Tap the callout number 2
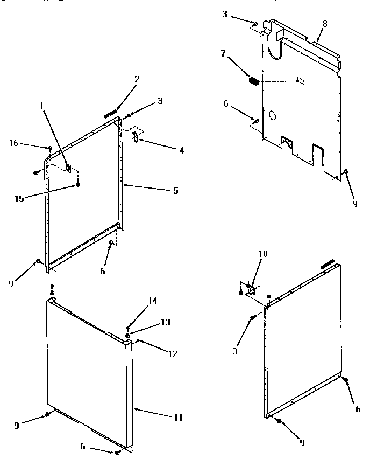coord(137,79)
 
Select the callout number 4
coord(182,150)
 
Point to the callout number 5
coord(176,191)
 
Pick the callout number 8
coord(324,24)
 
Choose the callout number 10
coord(263,254)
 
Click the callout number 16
coord(13,143)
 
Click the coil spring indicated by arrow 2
coord(110,114)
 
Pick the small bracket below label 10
coord(251,290)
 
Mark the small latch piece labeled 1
coord(69,168)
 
